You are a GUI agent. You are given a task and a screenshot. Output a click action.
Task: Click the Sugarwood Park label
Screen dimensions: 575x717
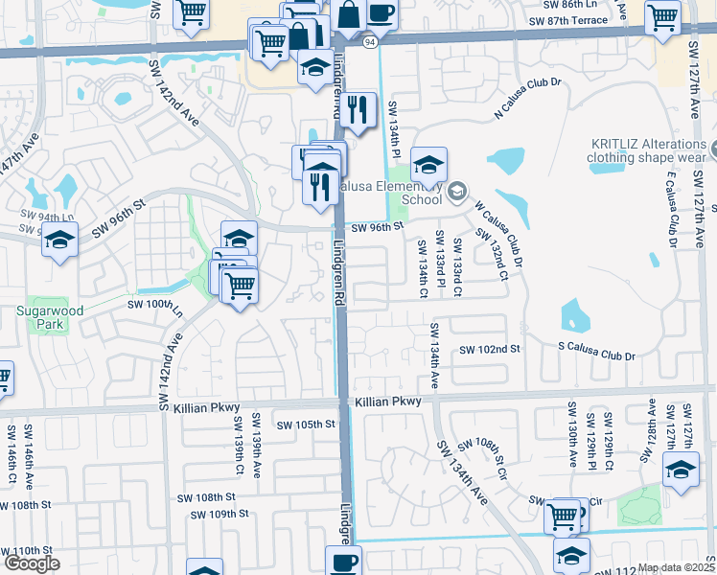coord(38,318)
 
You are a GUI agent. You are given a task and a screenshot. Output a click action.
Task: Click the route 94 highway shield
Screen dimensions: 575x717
coord(369,42)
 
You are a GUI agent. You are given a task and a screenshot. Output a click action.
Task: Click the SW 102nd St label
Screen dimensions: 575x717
coord(489,350)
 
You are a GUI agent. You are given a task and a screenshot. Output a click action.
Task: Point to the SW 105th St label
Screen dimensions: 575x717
coord(306,425)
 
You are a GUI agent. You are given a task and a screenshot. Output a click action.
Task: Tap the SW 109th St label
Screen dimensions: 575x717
coord(220,515)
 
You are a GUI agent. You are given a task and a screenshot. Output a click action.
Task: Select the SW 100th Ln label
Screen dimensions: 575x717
coord(154,307)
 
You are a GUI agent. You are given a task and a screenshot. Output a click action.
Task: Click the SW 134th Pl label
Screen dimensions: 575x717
coord(393,130)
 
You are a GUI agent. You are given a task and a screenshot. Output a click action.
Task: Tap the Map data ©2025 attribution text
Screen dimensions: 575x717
coord(677,567)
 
